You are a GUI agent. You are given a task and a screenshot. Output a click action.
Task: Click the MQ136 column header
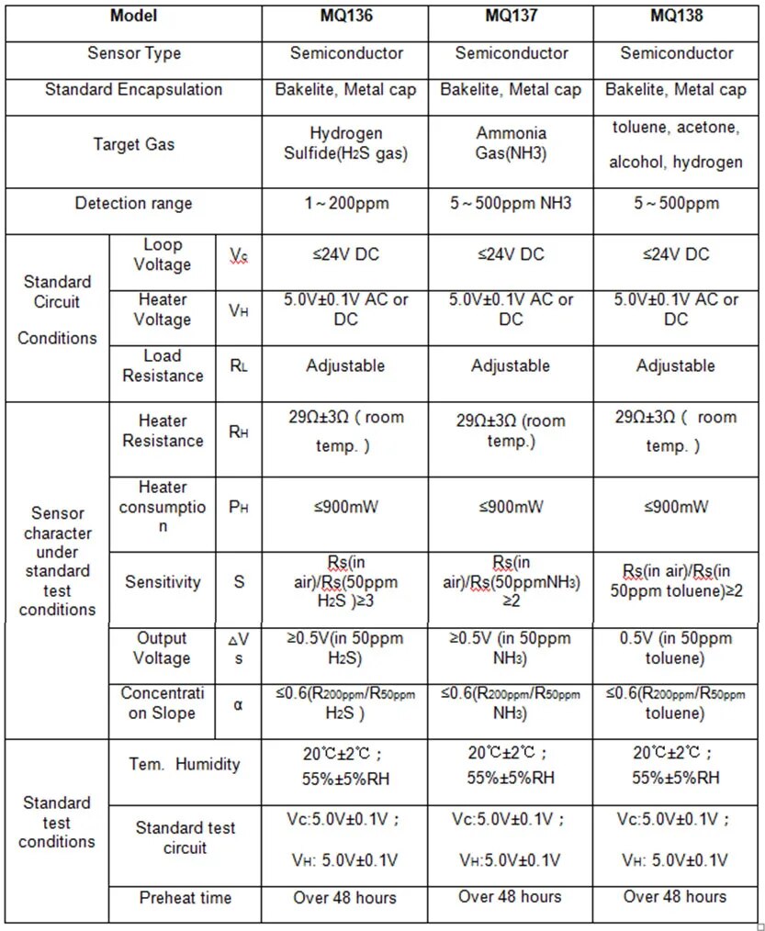pyautogui.click(x=345, y=17)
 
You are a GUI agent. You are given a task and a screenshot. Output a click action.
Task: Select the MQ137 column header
pyautogui.click(x=511, y=17)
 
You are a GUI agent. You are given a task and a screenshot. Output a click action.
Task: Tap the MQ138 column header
pyautogui.click(x=676, y=17)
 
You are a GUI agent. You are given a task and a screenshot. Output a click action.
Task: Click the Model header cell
pyautogui.click(x=133, y=17)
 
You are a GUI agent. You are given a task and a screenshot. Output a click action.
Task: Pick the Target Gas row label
pyautogui.click(x=133, y=144)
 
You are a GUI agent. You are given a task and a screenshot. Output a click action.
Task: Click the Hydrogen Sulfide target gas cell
pyautogui.click(x=345, y=144)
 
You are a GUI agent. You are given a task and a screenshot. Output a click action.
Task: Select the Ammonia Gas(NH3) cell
pyautogui.click(x=511, y=144)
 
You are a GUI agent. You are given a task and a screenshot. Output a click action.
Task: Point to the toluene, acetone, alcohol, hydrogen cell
pyautogui.click(x=676, y=144)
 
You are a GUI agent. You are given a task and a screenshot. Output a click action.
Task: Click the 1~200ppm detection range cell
pyautogui.click(x=345, y=203)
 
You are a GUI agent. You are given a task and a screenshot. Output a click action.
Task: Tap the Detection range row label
pyautogui.click(x=133, y=203)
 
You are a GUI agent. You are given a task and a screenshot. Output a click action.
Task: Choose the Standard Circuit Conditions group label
pyautogui.click(x=57, y=309)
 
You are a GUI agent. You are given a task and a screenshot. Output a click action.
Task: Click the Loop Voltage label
pyautogui.click(x=163, y=254)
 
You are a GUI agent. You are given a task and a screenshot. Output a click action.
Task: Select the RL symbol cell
pyautogui.click(x=239, y=365)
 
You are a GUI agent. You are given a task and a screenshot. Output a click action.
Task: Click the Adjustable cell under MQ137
pyautogui.click(x=511, y=365)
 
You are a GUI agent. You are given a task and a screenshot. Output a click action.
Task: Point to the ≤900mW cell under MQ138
pyautogui.click(x=676, y=507)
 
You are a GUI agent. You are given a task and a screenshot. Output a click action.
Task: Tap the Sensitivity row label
pyautogui.click(x=163, y=582)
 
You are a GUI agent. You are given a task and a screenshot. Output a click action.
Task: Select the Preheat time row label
pyautogui.click(x=185, y=898)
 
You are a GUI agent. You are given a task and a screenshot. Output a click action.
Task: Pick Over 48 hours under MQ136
pyautogui.click(x=345, y=898)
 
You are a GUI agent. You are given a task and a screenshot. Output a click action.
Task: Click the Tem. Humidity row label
pyautogui.click(x=185, y=764)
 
